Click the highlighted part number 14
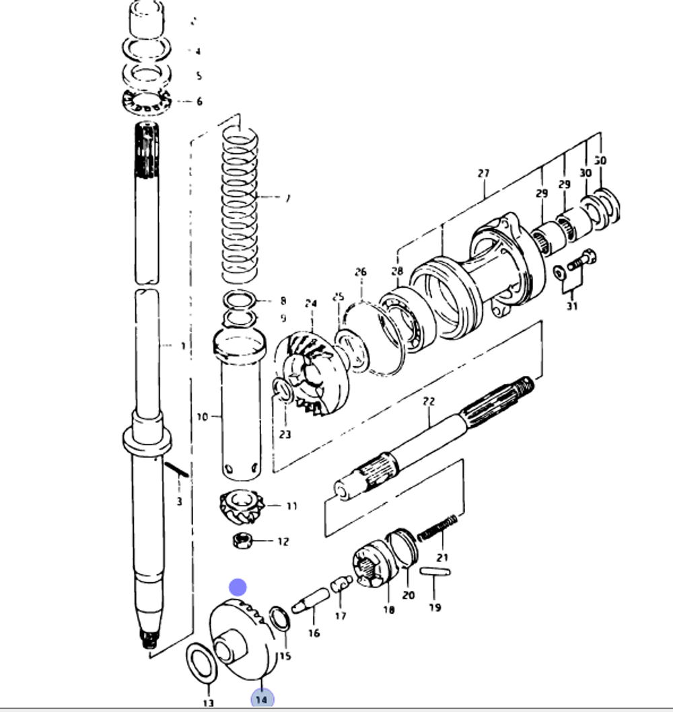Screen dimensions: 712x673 click(262, 699)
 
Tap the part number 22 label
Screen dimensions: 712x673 click(429, 401)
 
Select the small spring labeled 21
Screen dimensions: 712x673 click(437, 527)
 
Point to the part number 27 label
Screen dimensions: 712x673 click(483, 173)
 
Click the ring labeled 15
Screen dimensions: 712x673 click(280, 619)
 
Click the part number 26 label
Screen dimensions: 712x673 click(361, 272)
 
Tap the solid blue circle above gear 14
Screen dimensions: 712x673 click(238, 588)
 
